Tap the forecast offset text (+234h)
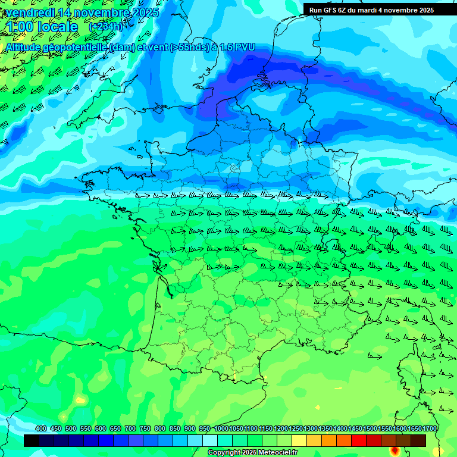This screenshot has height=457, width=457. (x=105, y=27)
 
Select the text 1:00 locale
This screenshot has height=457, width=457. (x=42, y=27)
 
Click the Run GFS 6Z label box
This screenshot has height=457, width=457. (x=371, y=10)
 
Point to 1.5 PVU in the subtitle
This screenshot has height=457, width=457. (x=236, y=47)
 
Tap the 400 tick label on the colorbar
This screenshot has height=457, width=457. (x=41, y=428)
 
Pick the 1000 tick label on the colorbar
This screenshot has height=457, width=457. (x=221, y=428)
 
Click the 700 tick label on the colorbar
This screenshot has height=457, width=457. (x=130, y=428)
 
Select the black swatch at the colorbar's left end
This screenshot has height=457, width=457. (x=32, y=440)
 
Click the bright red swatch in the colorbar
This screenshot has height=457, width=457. (x=359, y=440)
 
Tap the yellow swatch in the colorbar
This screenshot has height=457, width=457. (x=299, y=440)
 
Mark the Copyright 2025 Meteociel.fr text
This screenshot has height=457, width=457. (x=252, y=453)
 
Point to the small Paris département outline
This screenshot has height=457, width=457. (x=235, y=168)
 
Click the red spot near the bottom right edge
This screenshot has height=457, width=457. (x=395, y=450)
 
